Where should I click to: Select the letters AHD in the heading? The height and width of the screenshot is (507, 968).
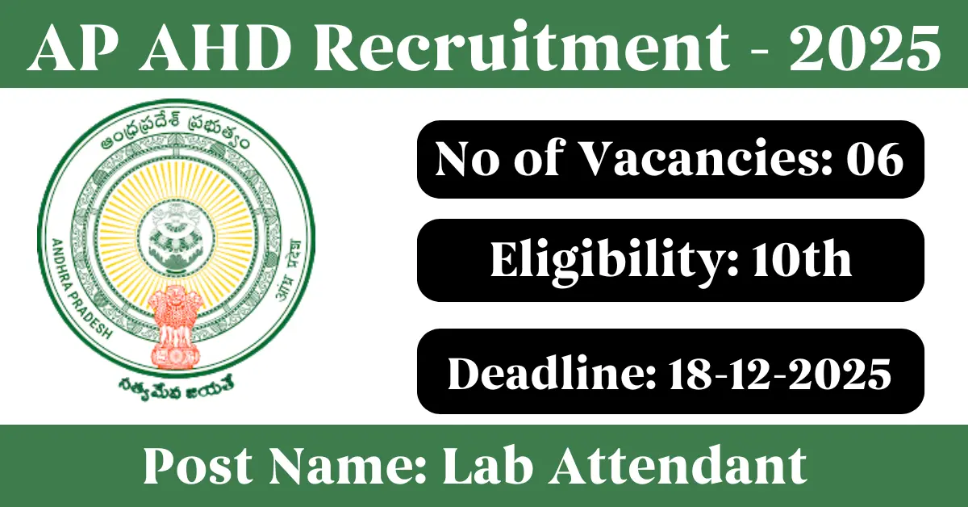coord(215,47)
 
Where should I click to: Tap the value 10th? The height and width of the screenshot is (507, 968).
coord(802,258)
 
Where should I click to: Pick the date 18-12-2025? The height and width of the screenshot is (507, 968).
coord(780,374)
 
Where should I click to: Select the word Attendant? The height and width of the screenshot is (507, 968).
coord(678,465)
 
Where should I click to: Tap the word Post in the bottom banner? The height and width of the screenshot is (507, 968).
coord(198,465)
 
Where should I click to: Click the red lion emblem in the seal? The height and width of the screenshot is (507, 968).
coord(175,327)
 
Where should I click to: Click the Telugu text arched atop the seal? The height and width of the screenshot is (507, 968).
coord(175,130)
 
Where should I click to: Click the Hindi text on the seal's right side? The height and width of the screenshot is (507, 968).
coord(290,267)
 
